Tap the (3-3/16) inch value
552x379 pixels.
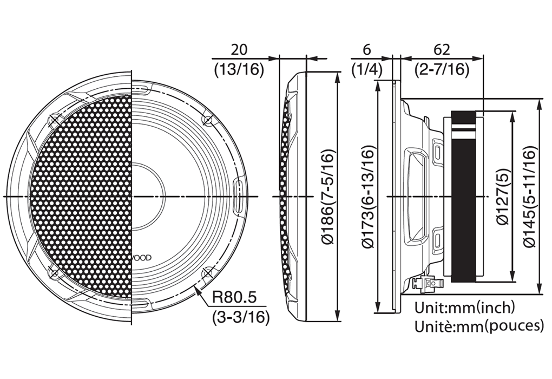point(240,318)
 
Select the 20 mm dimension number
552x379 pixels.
point(239,49)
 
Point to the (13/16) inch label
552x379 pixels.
point(239,69)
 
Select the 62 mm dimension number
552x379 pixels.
point(442,49)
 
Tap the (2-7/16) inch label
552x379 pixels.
point(442,69)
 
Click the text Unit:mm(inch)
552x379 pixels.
point(465,308)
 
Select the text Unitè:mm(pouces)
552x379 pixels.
point(479,326)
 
